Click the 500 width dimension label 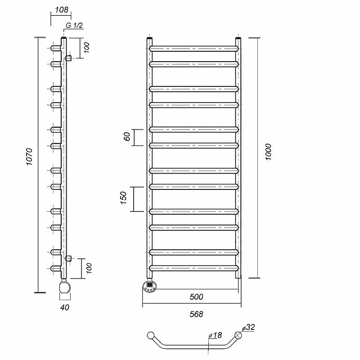[x=196, y=297]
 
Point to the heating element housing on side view [x=65, y=288]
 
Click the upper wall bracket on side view [x=68, y=58]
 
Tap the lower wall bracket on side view [x=68, y=258]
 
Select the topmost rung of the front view [x=193, y=47]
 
